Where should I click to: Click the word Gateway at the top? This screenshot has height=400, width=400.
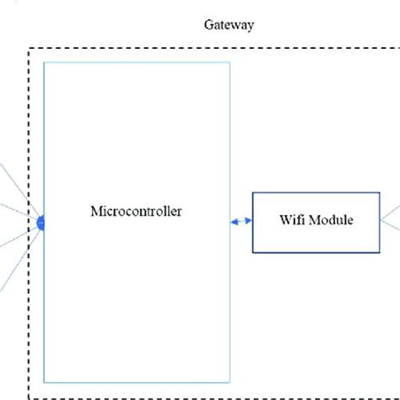pos(229,24)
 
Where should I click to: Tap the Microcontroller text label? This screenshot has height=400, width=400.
pos(135,210)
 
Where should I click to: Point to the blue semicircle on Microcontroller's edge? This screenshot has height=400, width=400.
pos(41,223)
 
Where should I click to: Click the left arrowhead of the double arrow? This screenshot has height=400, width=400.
pos(235,222)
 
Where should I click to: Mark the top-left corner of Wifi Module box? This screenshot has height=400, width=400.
pos(253,193)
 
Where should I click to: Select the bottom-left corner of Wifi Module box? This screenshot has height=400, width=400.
pos(253,252)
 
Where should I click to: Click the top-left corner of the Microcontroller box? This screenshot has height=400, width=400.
pos(44,62)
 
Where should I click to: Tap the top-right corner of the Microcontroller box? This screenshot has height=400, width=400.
pos(230,62)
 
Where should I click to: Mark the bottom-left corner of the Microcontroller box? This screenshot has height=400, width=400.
pos(44,383)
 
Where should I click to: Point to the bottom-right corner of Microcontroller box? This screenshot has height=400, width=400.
pos(230,383)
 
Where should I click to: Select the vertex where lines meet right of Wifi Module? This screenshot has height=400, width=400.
pos(380,223)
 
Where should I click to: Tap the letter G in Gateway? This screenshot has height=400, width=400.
pos(208,24)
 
